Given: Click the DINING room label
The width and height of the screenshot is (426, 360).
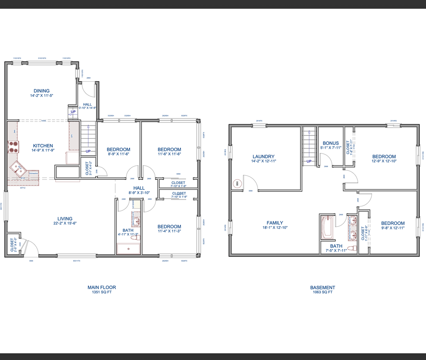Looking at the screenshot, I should [x=41, y=91].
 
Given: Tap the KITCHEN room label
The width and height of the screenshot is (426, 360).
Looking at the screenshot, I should [x=43, y=146].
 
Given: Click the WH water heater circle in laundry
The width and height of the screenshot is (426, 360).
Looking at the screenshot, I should [x=237, y=184].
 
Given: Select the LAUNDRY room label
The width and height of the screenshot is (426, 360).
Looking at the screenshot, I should [x=263, y=157].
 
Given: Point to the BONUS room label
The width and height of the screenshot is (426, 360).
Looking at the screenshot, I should [x=331, y=143].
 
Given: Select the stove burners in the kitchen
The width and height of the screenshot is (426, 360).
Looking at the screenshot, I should [x=14, y=147].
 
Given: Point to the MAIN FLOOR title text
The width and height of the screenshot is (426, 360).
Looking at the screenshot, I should [x=102, y=287].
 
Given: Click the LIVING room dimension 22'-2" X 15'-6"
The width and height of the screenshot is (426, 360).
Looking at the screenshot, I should [x=65, y=223].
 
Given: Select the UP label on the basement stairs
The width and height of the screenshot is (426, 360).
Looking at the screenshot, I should [x=309, y=161].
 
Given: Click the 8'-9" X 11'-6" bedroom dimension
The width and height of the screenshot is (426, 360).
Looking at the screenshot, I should [x=118, y=154].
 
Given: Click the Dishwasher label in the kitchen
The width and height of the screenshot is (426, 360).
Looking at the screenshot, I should [x=33, y=173].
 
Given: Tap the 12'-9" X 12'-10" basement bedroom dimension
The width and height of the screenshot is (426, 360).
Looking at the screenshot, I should [x=384, y=161].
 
